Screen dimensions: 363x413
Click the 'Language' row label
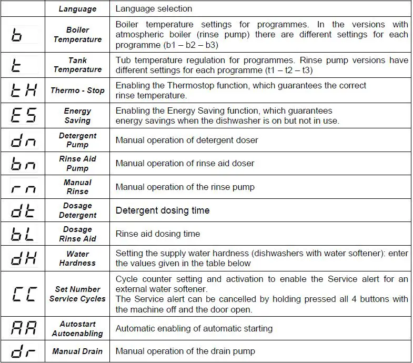tap(77, 8)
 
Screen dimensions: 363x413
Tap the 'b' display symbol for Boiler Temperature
tap(17, 35)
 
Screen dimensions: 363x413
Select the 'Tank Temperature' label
tap(77, 65)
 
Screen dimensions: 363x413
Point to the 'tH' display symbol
tap(24, 90)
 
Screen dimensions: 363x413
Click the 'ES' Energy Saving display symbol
tap(24, 115)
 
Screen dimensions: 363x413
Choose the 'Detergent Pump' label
tap(77, 140)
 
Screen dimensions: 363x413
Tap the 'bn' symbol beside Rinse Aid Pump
tap(24, 164)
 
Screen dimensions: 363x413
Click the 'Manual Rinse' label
tap(77, 187)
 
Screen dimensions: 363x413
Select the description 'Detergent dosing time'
tap(163, 210)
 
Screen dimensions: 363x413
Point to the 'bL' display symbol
tap(24, 234)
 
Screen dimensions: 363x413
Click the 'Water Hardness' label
tap(77, 258)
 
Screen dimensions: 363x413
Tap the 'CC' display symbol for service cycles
tap(24, 294)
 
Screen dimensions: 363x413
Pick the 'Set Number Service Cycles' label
tap(77, 294)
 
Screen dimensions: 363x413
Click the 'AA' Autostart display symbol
tap(24, 329)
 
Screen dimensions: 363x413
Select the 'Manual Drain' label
tap(77, 351)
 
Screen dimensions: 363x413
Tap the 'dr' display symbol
tap(24, 351)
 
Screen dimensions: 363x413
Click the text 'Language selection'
tap(154, 8)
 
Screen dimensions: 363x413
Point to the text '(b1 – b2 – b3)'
tap(188, 45)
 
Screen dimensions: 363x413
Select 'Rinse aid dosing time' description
tap(158, 234)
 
